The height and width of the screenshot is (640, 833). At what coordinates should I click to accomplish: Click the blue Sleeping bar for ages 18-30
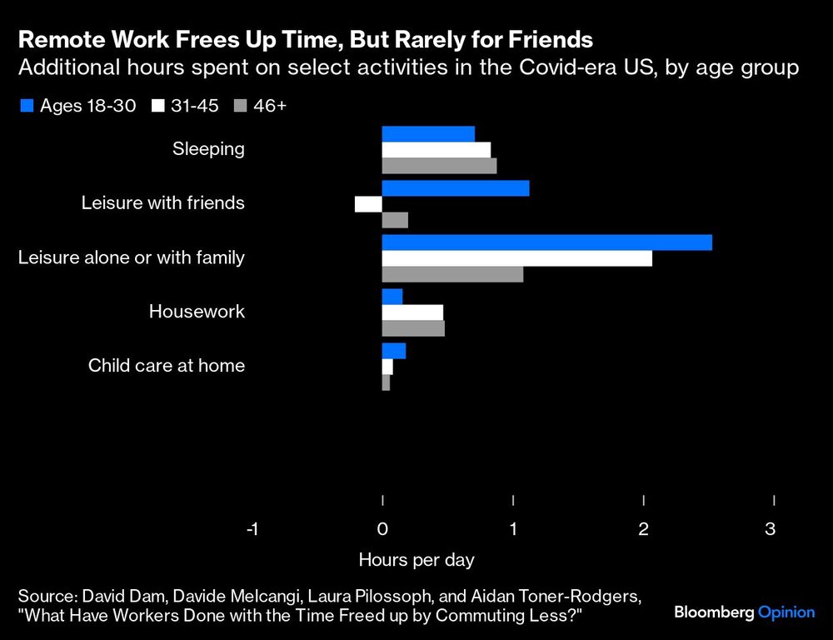click(428, 134)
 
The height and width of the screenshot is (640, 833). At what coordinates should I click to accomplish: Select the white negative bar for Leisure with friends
click(368, 204)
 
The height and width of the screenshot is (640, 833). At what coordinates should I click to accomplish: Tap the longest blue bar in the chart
click(546, 242)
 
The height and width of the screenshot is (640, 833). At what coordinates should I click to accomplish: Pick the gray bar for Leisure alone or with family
click(452, 274)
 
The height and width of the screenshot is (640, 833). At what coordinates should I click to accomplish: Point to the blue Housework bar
click(392, 297)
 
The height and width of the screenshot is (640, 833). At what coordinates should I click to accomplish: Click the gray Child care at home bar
click(386, 382)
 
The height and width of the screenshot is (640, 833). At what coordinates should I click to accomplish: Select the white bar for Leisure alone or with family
click(516, 258)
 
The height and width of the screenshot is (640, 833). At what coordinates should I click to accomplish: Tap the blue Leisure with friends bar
click(456, 188)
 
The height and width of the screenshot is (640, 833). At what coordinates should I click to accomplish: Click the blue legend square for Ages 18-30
click(26, 106)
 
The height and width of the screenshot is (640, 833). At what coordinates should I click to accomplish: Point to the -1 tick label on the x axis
click(252, 528)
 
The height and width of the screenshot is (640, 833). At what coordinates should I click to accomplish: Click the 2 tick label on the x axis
click(643, 528)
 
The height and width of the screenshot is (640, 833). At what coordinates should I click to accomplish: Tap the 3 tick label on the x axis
click(771, 528)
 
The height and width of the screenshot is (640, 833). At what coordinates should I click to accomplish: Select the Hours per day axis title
click(416, 559)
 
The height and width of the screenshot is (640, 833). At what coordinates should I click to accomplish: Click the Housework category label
click(197, 312)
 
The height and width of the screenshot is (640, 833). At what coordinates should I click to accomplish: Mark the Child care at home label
click(167, 365)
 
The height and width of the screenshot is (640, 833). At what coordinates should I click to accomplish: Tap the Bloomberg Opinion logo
click(744, 612)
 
